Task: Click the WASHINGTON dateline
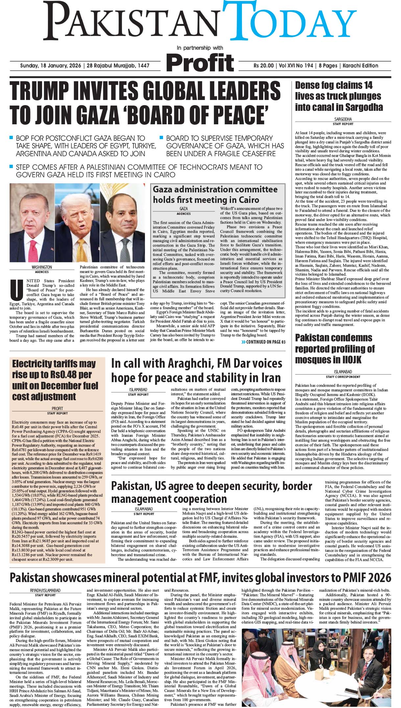tap(42, 267)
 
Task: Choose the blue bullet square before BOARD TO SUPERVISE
tap(161, 137)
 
